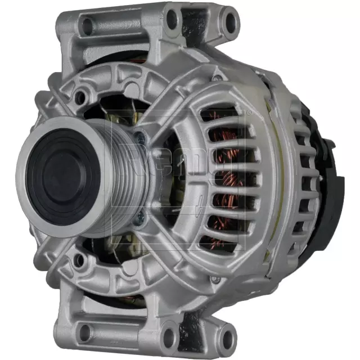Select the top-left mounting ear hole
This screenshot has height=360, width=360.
tap(88, 25)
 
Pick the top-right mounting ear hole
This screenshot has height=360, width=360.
tap(229, 21)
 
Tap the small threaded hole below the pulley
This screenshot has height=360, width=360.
tap(80, 259)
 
